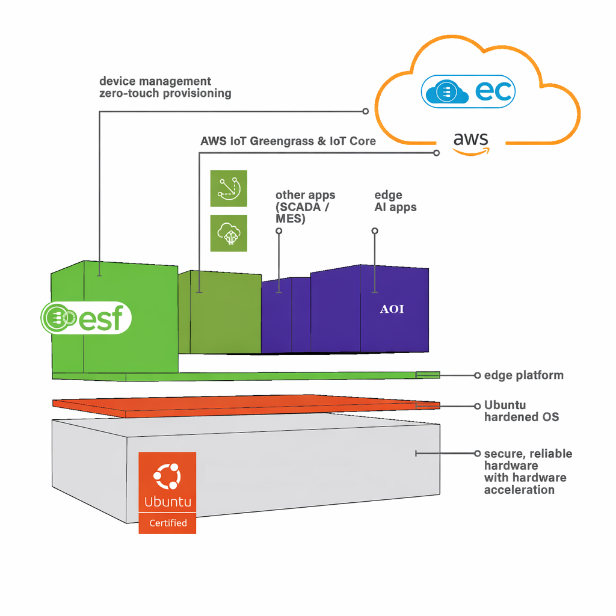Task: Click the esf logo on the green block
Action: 86,318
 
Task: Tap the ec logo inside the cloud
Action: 468,91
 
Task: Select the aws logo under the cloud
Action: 471,143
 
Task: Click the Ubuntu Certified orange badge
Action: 167,493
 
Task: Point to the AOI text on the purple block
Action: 392,309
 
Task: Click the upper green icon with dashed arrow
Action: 229,188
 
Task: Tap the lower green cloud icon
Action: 229,233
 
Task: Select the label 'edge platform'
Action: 524,375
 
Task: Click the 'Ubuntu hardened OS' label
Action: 522,410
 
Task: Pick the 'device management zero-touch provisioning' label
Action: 165,87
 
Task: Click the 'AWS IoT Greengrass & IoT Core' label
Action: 288,141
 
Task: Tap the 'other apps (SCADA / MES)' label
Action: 305,207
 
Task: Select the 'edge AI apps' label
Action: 395,201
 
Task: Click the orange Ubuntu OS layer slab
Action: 246,406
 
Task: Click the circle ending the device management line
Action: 365,111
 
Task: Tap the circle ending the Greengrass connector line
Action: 437,153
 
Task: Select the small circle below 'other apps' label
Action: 279,230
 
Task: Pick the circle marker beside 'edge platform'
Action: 477,375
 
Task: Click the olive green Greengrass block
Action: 220,312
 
